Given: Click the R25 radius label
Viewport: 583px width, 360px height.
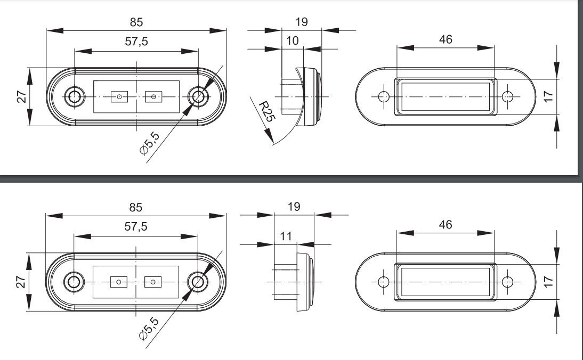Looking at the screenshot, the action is tap(266, 111).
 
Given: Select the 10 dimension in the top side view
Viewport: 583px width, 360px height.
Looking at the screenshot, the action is tap(292, 40).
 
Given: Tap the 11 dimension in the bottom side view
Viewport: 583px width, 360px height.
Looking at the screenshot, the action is tap(286, 236).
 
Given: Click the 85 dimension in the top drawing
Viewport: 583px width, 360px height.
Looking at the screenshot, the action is tap(136, 22).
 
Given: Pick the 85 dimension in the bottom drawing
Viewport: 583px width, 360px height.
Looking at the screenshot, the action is tap(136, 207).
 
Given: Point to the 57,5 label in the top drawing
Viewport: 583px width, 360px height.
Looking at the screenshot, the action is tap(136, 41).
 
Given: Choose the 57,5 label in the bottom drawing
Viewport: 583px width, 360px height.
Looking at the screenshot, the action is tap(136, 226).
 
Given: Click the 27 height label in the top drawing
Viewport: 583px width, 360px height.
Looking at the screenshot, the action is tap(21, 96).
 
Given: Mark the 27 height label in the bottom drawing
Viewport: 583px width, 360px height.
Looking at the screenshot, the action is tap(21, 282).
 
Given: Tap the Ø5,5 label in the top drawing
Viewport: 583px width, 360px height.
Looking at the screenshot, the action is tap(149, 143).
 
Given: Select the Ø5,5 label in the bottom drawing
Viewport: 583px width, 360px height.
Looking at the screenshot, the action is tap(149, 329).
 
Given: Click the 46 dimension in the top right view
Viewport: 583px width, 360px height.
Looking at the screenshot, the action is tap(446, 39).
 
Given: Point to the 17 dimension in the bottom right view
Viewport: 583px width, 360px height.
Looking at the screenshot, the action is tap(548, 282).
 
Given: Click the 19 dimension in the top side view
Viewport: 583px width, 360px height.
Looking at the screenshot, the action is tap(302, 22).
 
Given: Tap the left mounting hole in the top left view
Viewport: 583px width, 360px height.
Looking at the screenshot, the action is tap(75, 96).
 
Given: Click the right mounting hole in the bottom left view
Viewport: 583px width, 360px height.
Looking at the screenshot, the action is tap(197, 282).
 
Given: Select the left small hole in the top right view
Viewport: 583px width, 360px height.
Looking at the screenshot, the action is tap(383, 96).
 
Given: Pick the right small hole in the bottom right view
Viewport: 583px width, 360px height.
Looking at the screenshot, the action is tap(507, 282).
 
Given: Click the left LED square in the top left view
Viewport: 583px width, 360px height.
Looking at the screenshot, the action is tap(119, 96).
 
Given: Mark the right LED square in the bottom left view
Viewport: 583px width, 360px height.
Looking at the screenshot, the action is tap(153, 282).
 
